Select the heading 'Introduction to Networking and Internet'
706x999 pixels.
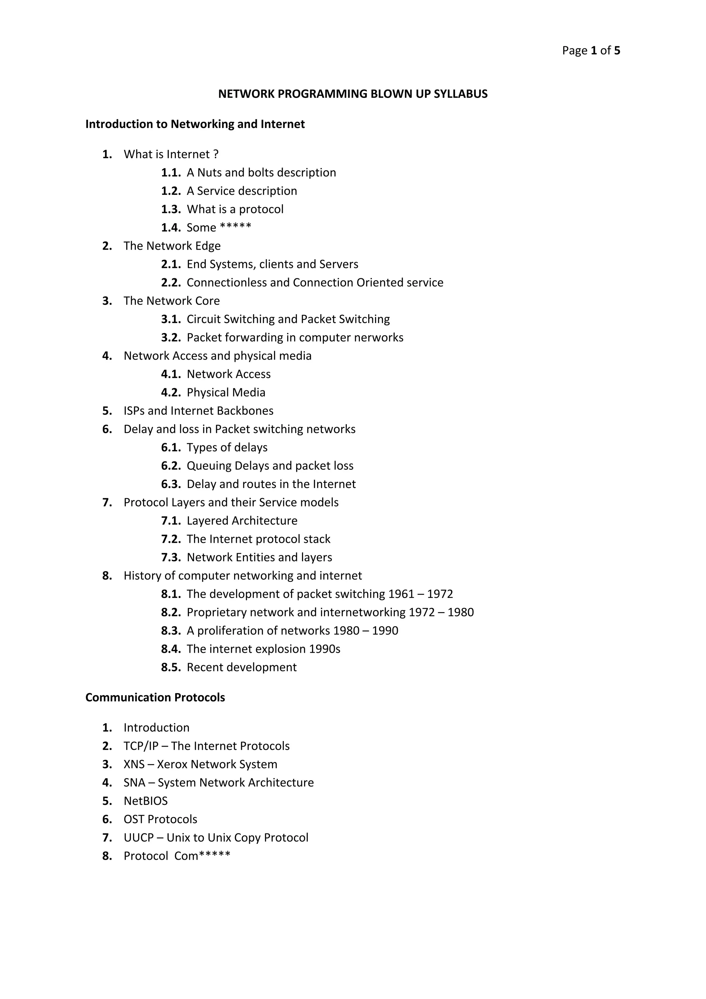click(x=195, y=124)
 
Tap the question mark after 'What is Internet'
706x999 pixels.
click(x=216, y=154)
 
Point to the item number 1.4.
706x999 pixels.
click(x=171, y=228)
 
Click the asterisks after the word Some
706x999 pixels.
click(x=235, y=227)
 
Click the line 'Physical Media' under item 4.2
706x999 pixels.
click(x=226, y=392)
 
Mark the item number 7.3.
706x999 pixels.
click(x=171, y=557)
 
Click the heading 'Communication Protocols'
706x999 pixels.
click(x=155, y=698)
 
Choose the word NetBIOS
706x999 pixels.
click(x=145, y=801)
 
